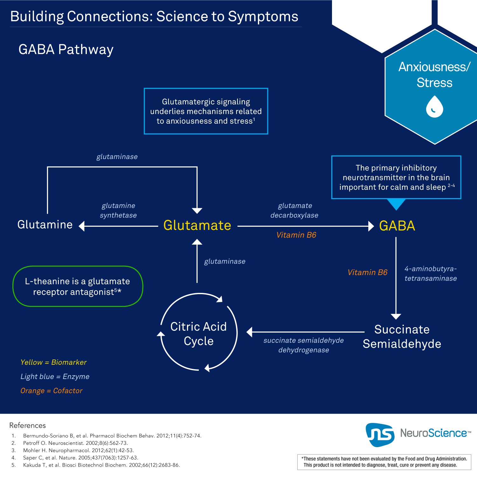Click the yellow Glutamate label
click(x=197, y=225)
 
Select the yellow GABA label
click(x=397, y=226)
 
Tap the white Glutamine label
click(x=45, y=225)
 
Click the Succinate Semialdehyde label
click(x=402, y=336)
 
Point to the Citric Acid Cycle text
click(x=198, y=334)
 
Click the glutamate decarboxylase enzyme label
click(x=294, y=210)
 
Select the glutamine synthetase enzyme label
click(x=118, y=210)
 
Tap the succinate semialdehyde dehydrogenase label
click(x=303, y=345)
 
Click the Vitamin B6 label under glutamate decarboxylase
click(x=296, y=235)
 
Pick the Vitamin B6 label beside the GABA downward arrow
click(x=367, y=273)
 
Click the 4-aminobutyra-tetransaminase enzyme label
click(x=430, y=273)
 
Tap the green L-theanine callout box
click(x=78, y=286)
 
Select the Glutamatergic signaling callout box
click(x=206, y=111)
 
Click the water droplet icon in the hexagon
click(x=434, y=107)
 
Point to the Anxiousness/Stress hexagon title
click(x=434, y=75)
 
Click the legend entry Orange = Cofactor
click(x=52, y=391)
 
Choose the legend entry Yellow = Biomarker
click(x=53, y=362)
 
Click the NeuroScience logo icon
click(x=380, y=434)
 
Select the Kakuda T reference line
click(x=101, y=465)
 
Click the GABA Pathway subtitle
click(x=66, y=50)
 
